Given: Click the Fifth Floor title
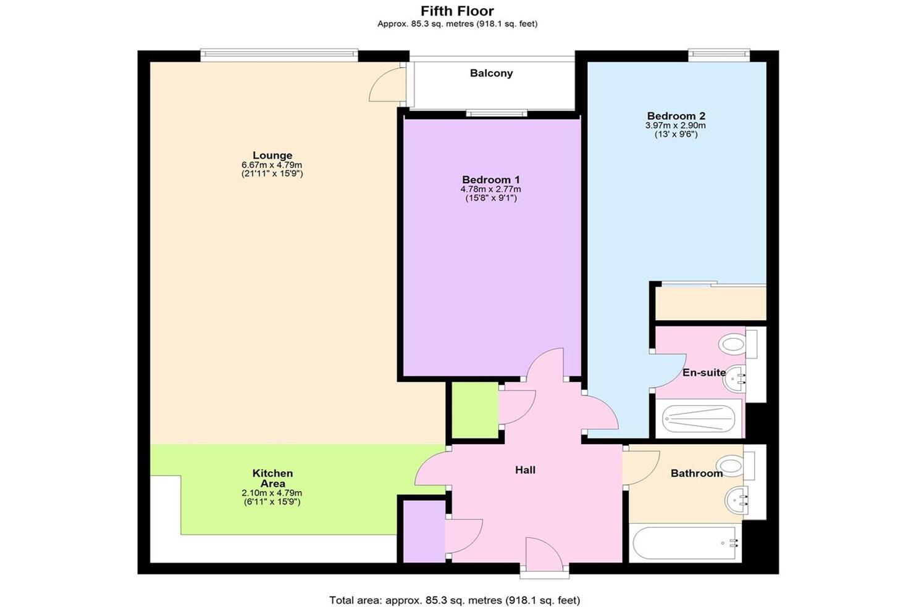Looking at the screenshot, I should pyautogui.click(x=457, y=11).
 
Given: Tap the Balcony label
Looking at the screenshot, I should pyautogui.click(x=491, y=73).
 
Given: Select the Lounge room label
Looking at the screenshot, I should pyautogui.click(x=272, y=155).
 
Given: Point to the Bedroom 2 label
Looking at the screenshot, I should pyautogui.click(x=676, y=116).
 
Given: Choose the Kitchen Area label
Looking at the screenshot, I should pyautogui.click(x=272, y=478).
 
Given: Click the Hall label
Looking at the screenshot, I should pyautogui.click(x=525, y=470).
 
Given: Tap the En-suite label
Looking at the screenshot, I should pyautogui.click(x=703, y=373).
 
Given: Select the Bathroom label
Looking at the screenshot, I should pyautogui.click(x=696, y=473).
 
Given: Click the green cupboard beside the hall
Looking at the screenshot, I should pyautogui.click(x=475, y=410).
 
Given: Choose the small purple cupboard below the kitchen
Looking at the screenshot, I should pyautogui.click(x=423, y=531).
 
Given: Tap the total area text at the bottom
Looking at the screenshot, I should pyautogui.click(x=455, y=600).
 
